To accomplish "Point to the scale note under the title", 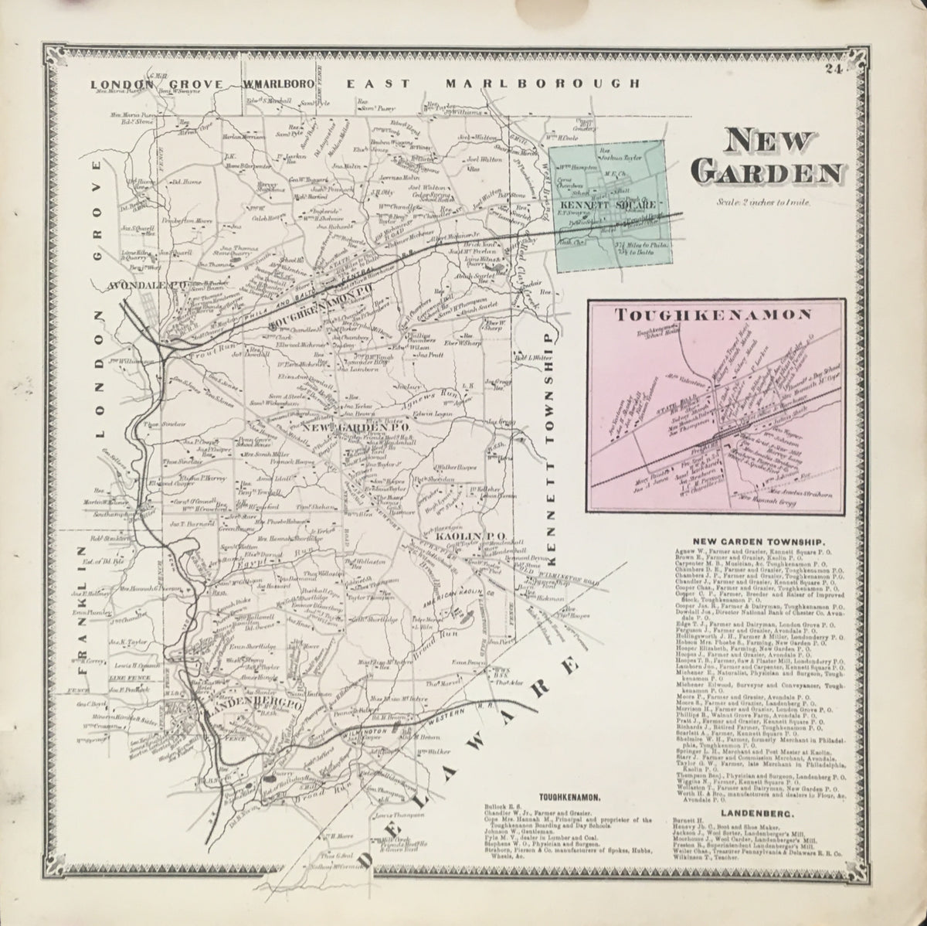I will tap(756, 202).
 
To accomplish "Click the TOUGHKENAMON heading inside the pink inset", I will tap(711, 315).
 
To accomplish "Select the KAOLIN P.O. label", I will tap(460, 535).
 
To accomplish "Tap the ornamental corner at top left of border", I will tap(56, 56).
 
